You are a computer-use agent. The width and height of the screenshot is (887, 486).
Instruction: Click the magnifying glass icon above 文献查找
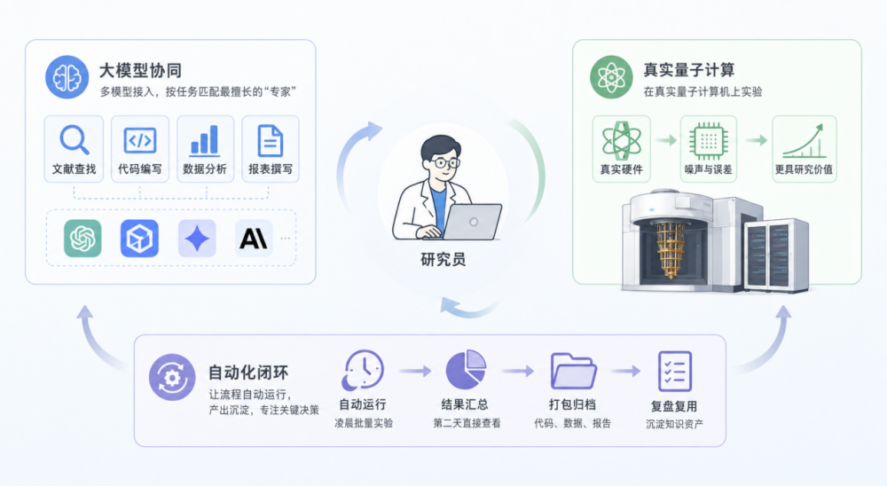point(74,139)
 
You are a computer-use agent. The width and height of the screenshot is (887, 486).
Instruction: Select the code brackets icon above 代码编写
point(139,139)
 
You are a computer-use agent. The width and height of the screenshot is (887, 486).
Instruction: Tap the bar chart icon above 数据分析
point(204,139)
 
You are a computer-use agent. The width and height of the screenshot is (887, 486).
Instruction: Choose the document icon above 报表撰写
point(270,139)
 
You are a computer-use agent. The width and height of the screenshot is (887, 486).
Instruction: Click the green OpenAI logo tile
point(82,238)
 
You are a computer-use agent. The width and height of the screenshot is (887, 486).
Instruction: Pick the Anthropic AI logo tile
point(253,238)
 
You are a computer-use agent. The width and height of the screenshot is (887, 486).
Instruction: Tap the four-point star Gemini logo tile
point(197,238)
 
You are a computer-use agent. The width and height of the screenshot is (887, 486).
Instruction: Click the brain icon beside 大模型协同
point(67,77)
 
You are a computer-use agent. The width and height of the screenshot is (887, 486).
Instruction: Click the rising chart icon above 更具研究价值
point(804,140)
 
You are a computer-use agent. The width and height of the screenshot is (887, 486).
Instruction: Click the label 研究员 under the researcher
point(443,260)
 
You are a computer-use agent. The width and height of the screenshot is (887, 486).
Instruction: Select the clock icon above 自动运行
point(364,370)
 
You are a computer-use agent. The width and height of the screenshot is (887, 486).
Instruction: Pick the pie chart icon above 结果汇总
point(466,372)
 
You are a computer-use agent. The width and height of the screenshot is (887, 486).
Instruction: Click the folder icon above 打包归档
point(572,372)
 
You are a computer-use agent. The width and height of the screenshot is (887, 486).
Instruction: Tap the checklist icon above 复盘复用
point(675,372)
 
